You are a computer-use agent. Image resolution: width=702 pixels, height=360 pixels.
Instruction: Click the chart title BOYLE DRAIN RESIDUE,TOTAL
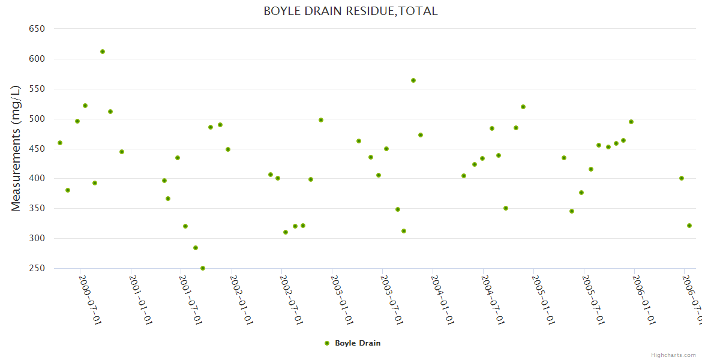pyautogui.click(x=350, y=11)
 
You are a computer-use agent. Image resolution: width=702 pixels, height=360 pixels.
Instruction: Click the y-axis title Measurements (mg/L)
pyautogui.click(x=16, y=148)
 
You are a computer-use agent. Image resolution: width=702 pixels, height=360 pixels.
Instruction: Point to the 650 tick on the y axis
pyautogui.click(x=37, y=29)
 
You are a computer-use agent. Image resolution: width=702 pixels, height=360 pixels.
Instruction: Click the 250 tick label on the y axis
pyautogui.click(x=37, y=268)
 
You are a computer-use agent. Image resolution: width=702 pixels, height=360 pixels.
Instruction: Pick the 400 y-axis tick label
pyautogui.click(x=37, y=178)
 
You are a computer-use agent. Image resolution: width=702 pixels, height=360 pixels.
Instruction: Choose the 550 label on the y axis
pyautogui.click(x=37, y=89)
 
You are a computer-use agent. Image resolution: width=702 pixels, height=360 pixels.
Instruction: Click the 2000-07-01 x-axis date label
pyautogui.click(x=90, y=300)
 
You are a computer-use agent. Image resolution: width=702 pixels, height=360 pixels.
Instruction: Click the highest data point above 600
pyautogui.click(x=103, y=52)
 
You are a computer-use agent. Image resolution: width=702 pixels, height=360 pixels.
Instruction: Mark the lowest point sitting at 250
pyautogui.click(x=203, y=268)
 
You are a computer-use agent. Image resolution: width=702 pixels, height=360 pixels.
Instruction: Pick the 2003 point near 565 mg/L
pyautogui.click(x=413, y=80)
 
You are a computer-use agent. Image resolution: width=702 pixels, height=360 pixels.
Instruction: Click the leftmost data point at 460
pyautogui.click(x=60, y=143)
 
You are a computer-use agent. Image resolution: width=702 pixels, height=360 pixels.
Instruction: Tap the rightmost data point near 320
pyautogui.click(x=689, y=226)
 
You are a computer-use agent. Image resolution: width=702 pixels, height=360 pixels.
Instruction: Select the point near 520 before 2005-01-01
pyautogui.click(x=523, y=107)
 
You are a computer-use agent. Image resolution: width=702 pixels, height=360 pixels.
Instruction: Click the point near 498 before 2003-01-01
pyautogui.click(x=321, y=120)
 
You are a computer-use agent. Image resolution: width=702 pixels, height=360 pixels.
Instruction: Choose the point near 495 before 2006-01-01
pyautogui.click(x=631, y=122)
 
